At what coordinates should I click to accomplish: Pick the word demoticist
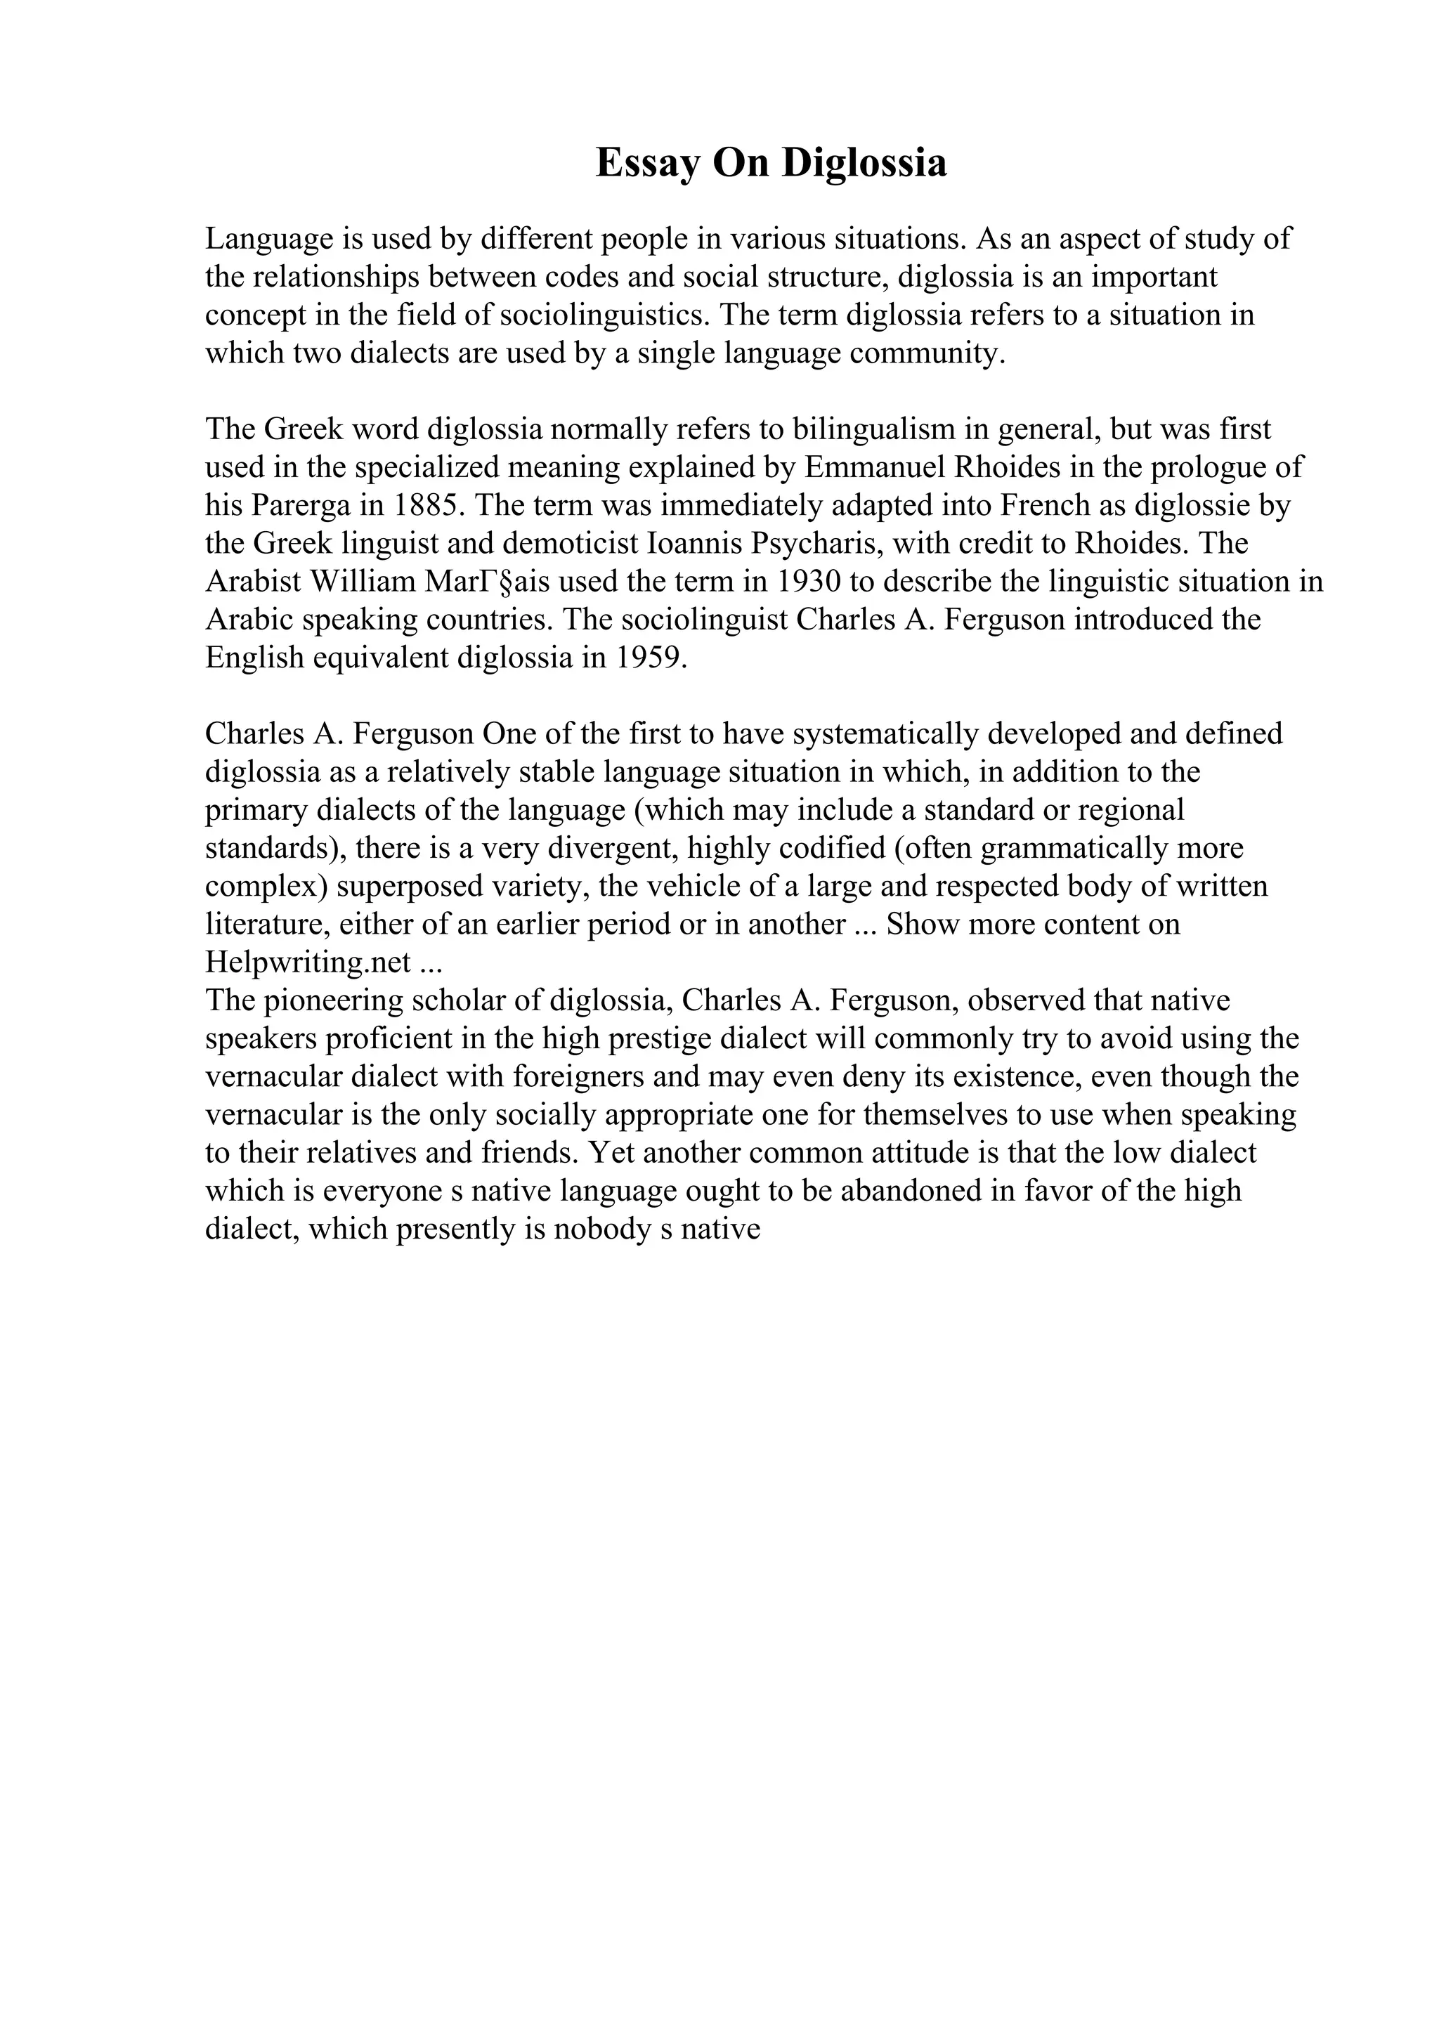(x=573, y=544)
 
